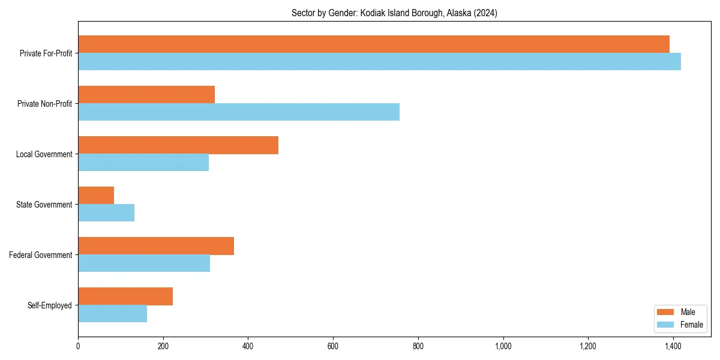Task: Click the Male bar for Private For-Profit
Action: tap(373, 44)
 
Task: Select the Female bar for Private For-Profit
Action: tap(379, 62)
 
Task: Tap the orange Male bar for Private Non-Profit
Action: tap(146, 95)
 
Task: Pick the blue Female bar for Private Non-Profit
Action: tap(239, 112)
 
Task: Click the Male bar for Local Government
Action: tap(178, 145)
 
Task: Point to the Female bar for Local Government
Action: tap(143, 163)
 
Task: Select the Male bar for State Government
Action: tap(96, 196)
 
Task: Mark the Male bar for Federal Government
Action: tap(156, 246)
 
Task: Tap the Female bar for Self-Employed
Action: tap(112, 314)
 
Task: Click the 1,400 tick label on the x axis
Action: tap(673, 346)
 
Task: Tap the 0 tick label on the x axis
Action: tap(78, 346)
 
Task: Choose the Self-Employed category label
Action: tap(50, 305)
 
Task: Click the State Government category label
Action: tap(44, 205)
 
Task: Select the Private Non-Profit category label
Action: tap(45, 104)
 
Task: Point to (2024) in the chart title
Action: tap(486, 13)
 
